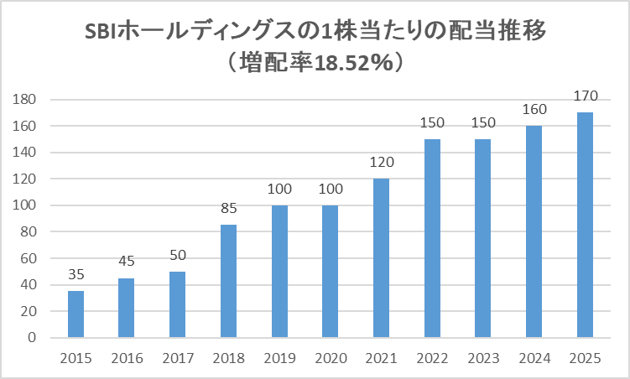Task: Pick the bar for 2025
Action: [x=584, y=225]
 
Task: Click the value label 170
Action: [x=584, y=96]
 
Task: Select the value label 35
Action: [x=75, y=274]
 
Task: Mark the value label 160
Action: [x=534, y=109]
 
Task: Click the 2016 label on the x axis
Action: [x=126, y=358]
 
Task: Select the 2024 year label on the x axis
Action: [x=534, y=358]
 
